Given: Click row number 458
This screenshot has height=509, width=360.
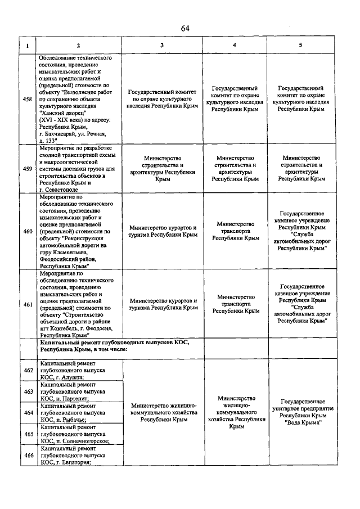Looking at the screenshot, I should click(x=26, y=100).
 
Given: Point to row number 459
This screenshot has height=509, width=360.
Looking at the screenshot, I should click(x=26, y=168).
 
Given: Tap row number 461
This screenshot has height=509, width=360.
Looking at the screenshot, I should click(x=26, y=304).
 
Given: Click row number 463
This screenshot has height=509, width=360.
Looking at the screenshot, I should click(x=26, y=391).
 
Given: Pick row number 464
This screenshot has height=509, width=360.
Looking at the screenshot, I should click(x=26, y=413).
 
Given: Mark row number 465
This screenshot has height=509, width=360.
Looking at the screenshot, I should click(x=26, y=434).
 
